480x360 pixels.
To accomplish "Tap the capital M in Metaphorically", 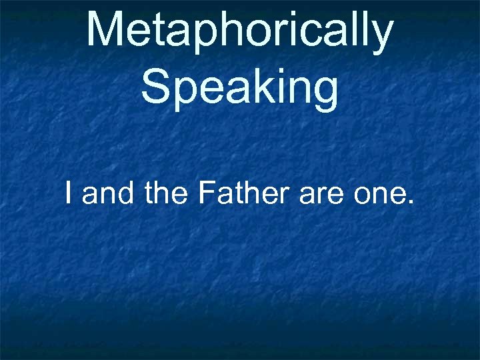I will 106,31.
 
